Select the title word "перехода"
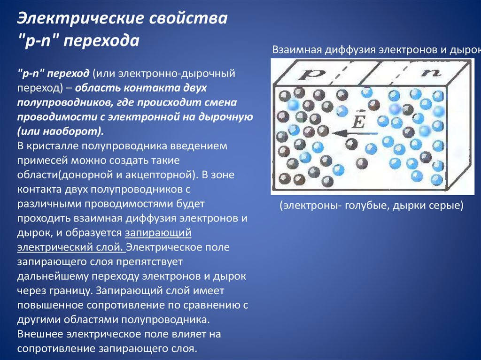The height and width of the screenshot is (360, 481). coord(101,40)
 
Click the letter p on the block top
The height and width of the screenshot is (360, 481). coord(312,74)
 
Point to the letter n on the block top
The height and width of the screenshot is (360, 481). coord(431,72)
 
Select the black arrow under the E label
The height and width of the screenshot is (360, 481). coord(355,133)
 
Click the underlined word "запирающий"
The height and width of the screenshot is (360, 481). coord(158,232)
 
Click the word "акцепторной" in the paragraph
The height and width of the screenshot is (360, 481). coord(160,175)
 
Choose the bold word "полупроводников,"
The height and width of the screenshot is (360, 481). coord(64,102)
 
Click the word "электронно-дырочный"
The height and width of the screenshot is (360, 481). coord(177,74)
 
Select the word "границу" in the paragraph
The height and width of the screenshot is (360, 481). coord(71,291)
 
